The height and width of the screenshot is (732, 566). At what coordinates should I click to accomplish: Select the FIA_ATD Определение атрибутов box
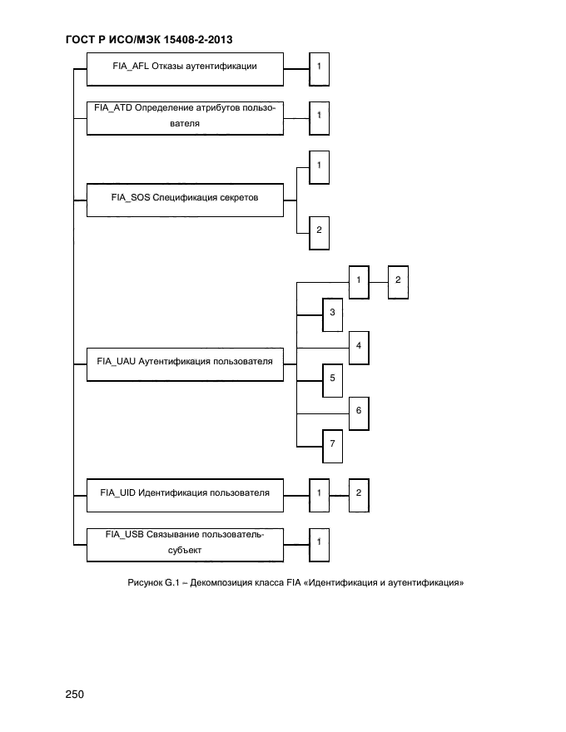[184, 116]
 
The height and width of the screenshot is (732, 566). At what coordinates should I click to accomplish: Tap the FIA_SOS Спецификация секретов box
[184, 199]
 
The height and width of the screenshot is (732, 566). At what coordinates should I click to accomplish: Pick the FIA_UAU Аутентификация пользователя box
[184, 362]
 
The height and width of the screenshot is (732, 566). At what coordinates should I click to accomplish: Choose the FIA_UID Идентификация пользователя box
[184, 493]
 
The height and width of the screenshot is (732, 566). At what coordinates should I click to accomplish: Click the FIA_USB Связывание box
[184, 542]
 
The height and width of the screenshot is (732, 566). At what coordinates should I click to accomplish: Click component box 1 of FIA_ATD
[319, 116]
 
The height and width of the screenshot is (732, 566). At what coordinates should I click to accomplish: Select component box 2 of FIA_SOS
[319, 231]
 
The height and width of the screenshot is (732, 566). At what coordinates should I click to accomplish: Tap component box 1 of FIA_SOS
[319, 166]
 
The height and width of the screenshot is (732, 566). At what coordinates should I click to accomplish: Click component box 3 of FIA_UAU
[332, 314]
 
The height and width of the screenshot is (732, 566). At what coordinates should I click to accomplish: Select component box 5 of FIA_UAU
[332, 378]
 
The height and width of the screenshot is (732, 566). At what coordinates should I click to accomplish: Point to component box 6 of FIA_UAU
[358, 412]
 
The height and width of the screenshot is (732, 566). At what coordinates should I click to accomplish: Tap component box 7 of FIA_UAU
[332, 444]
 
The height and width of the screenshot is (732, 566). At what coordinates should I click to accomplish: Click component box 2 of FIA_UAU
[398, 280]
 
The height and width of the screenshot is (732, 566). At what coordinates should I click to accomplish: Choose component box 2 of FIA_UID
[358, 493]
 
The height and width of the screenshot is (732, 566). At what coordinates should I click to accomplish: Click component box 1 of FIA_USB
[319, 542]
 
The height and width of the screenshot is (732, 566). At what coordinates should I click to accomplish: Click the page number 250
[75, 695]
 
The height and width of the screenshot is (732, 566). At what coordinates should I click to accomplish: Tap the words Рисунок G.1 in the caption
[154, 582]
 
